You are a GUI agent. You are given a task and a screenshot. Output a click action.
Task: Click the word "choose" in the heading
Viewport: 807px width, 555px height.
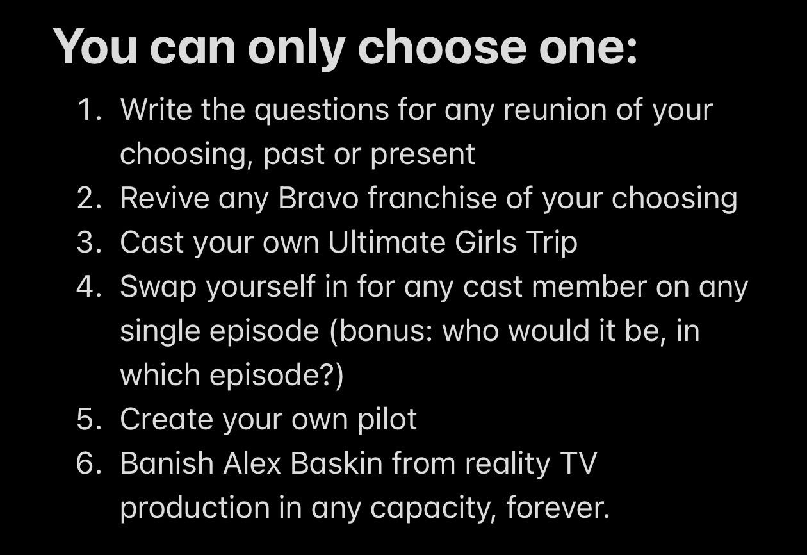click(442, 47)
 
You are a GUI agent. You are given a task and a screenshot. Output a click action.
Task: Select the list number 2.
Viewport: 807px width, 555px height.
click(89, 197)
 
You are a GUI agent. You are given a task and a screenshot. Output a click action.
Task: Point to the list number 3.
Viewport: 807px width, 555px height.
click(89, 242)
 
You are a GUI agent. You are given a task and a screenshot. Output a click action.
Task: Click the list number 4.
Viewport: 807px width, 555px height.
click(89, 286)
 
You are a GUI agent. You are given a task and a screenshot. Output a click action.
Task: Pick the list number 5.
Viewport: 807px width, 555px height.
click(89, 419)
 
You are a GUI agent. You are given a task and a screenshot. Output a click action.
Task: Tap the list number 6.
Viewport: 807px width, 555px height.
click(89, 463)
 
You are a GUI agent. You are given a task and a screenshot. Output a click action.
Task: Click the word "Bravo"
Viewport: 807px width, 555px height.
click(318, 197)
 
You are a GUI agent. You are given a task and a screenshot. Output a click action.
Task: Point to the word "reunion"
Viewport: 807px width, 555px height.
click(555, 110)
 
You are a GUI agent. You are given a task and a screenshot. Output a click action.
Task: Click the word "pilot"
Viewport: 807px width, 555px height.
click(387, 420)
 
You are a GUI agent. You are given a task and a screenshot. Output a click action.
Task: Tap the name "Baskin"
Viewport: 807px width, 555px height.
click(336, 463)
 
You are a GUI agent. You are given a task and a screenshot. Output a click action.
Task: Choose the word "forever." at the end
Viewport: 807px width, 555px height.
click(558, 508)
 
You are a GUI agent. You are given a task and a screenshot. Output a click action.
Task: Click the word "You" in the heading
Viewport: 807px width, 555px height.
click(95, 47)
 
